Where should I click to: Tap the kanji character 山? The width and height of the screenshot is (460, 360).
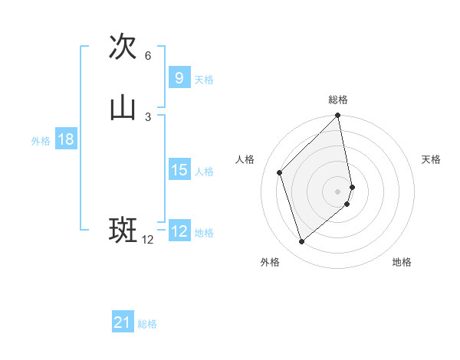pos(123,108)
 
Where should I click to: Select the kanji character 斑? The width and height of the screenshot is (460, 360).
pos(123,230)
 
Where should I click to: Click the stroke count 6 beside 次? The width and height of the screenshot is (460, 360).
pos(148,56)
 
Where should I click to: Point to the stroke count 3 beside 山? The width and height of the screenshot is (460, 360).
pos(148,116)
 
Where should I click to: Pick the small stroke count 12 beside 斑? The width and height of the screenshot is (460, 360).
pos(148,240)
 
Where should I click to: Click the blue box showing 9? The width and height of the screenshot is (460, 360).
pos(179,78)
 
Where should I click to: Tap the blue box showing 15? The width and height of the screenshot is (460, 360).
pos(179,170)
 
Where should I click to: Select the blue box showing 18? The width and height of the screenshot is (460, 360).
pos(65,139)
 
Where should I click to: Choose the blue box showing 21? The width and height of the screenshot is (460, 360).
pos(123,323)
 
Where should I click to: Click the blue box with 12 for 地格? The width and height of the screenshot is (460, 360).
pos(179,231)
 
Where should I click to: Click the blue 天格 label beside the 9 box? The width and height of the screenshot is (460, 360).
pos(204,80)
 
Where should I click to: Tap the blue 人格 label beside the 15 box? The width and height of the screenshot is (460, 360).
pos(204,172)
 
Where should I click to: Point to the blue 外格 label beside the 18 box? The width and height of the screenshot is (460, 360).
pos(41,141)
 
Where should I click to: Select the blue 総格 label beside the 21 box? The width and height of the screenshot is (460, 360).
pos(147,325)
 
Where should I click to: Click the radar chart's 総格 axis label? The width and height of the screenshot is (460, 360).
pos(338,100)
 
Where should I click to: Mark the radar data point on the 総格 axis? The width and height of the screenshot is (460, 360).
pos(338,116)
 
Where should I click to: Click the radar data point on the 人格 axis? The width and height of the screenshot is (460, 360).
pos(280,172)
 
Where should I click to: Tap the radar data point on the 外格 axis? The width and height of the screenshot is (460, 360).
pos(301,242)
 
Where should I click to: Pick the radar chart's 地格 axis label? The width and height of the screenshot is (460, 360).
pos(402,263)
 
